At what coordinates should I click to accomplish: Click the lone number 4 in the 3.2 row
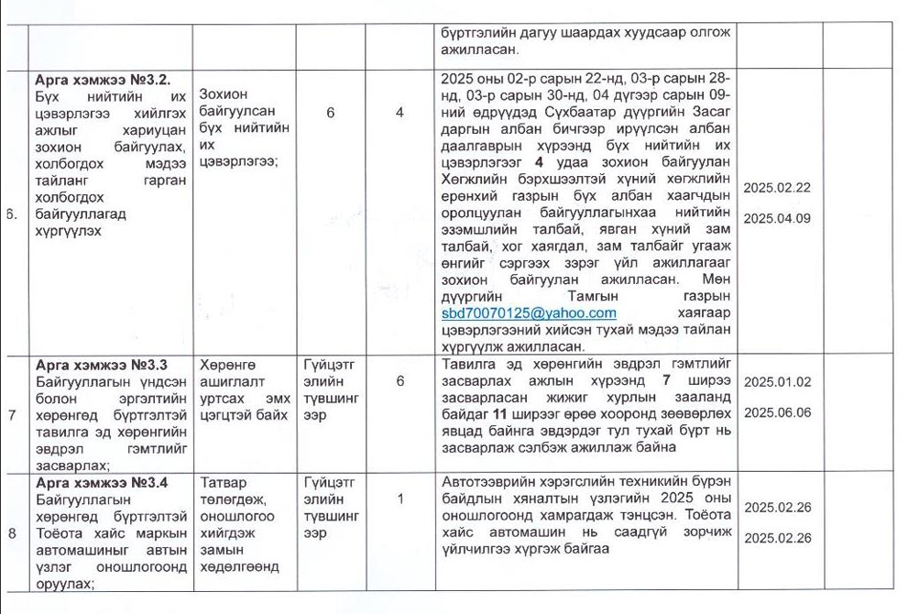point(399,113)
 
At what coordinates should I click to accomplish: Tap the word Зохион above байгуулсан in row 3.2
point(224,95)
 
